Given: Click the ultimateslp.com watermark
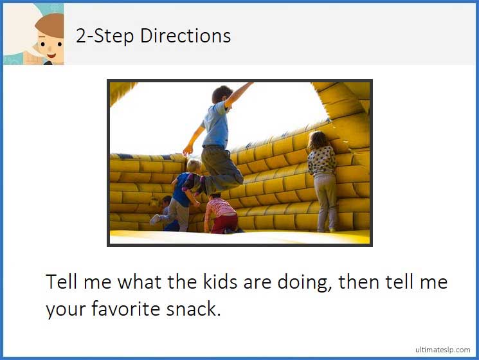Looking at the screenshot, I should pyautogui.click(x=442, y=349).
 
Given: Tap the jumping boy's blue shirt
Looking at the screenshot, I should pyautogui.click(x=215, y=125).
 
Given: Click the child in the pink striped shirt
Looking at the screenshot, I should pyautogui.click(x=221, y=212).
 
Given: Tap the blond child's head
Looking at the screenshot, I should pyautogui.click(x=194, y=166).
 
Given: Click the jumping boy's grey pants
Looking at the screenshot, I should pyautogui.click(x=219, y=168).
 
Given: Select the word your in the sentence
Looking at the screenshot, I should pyautogui.click(x=66, y=309).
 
